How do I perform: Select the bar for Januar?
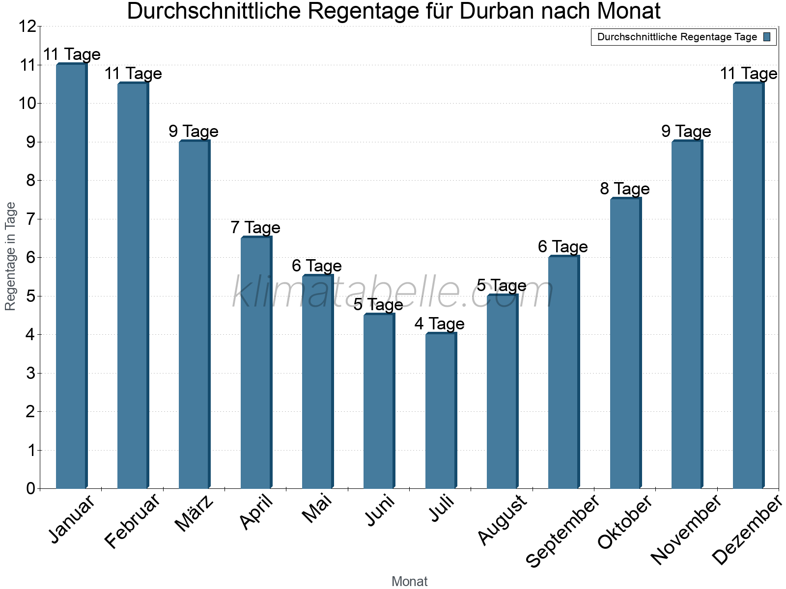tap(71, 276)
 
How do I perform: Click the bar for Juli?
tap(440, 411)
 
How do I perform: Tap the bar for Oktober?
tap(625, 344)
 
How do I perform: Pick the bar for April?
tap(255, 363)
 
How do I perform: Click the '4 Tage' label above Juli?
tap(439, 324)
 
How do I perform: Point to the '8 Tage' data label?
tap(624, 189)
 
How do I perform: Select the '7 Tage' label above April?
tap(255, 228)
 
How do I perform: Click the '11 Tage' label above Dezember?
tap(748, 74)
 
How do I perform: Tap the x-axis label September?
tap(562, 531)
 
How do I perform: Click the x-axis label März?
tap(195, 513)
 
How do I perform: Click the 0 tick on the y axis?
tap(31, 488)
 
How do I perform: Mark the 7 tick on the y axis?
tap(31, 219)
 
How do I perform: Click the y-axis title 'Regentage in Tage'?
tap(11, 256)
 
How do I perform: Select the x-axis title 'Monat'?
tap(409, 581)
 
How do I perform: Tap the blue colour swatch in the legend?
tap(767, 37)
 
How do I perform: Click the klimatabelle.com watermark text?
tap(393, 293)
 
